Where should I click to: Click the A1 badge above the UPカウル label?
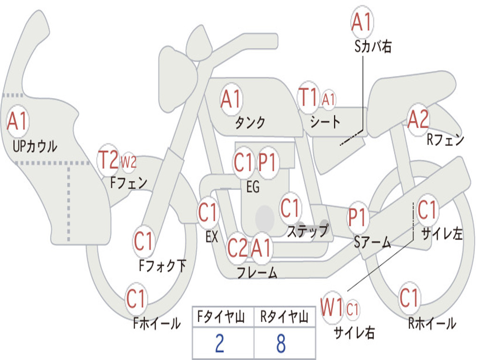[18, 122]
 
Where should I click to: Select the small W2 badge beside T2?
[128, 162]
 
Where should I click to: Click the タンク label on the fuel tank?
[250, 122]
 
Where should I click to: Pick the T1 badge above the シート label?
[308, 97]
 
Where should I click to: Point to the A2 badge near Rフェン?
[418, 120]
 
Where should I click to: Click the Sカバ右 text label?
[373, 47]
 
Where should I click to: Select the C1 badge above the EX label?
[208, 213]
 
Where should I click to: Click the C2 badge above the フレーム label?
[237, 247]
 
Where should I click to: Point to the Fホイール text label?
[157, 323]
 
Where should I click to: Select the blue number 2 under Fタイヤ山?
[219, 343]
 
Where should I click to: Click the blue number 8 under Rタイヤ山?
[281, 343]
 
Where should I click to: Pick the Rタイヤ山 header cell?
[284, 317]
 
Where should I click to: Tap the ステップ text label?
[307, 231]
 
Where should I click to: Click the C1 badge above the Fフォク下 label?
[144, 242]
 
